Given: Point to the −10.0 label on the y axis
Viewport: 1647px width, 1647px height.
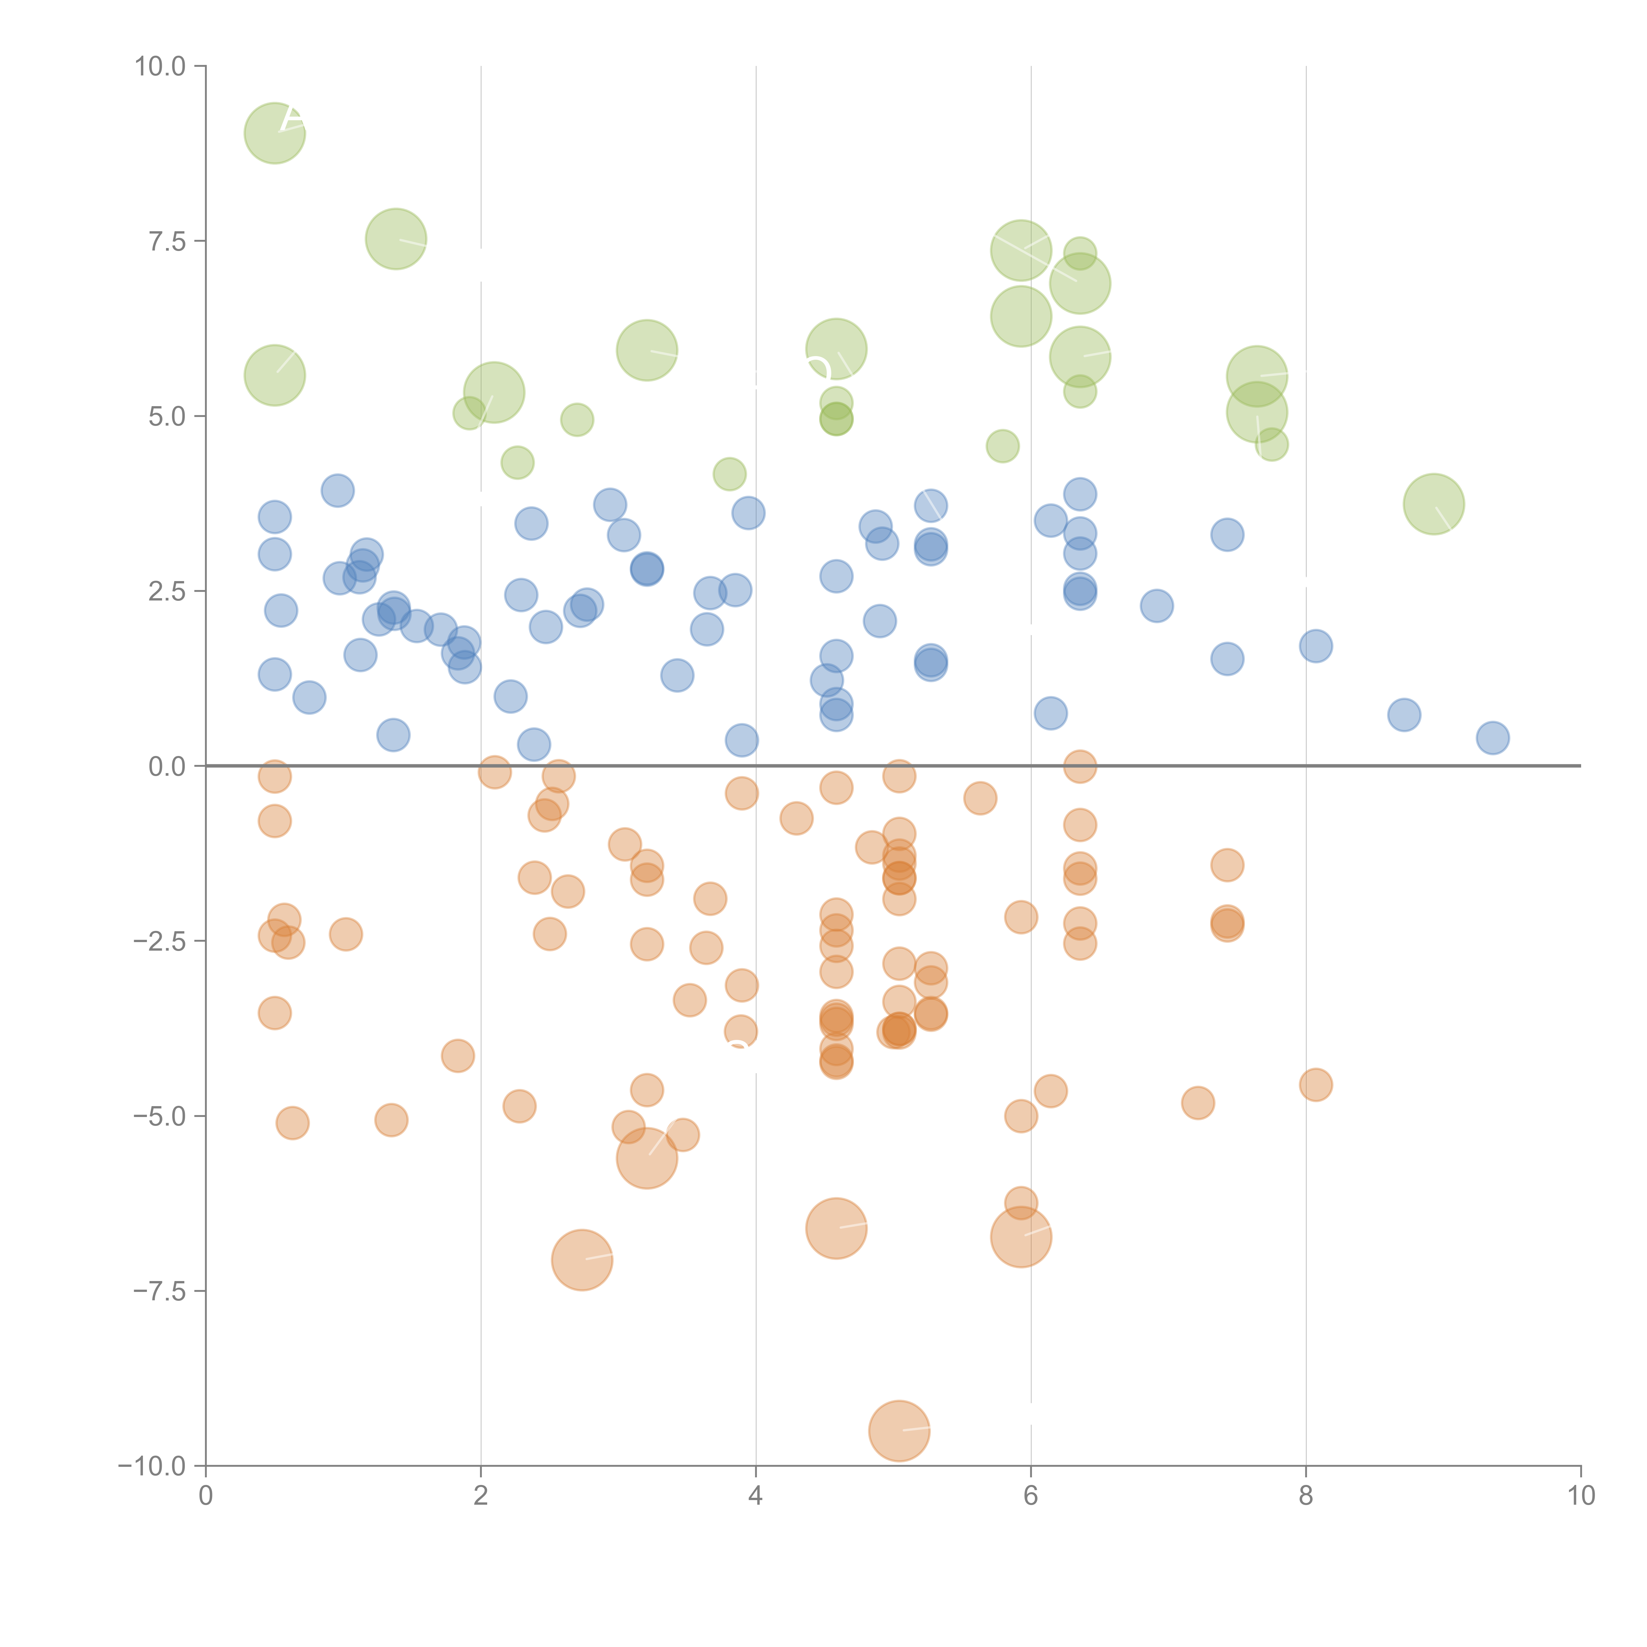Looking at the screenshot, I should (x=152, y=1466).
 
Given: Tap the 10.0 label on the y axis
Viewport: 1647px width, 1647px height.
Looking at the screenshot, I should (x=160, y=67).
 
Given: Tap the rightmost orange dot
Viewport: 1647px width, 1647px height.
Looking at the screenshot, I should (x=1315, y=1084).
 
